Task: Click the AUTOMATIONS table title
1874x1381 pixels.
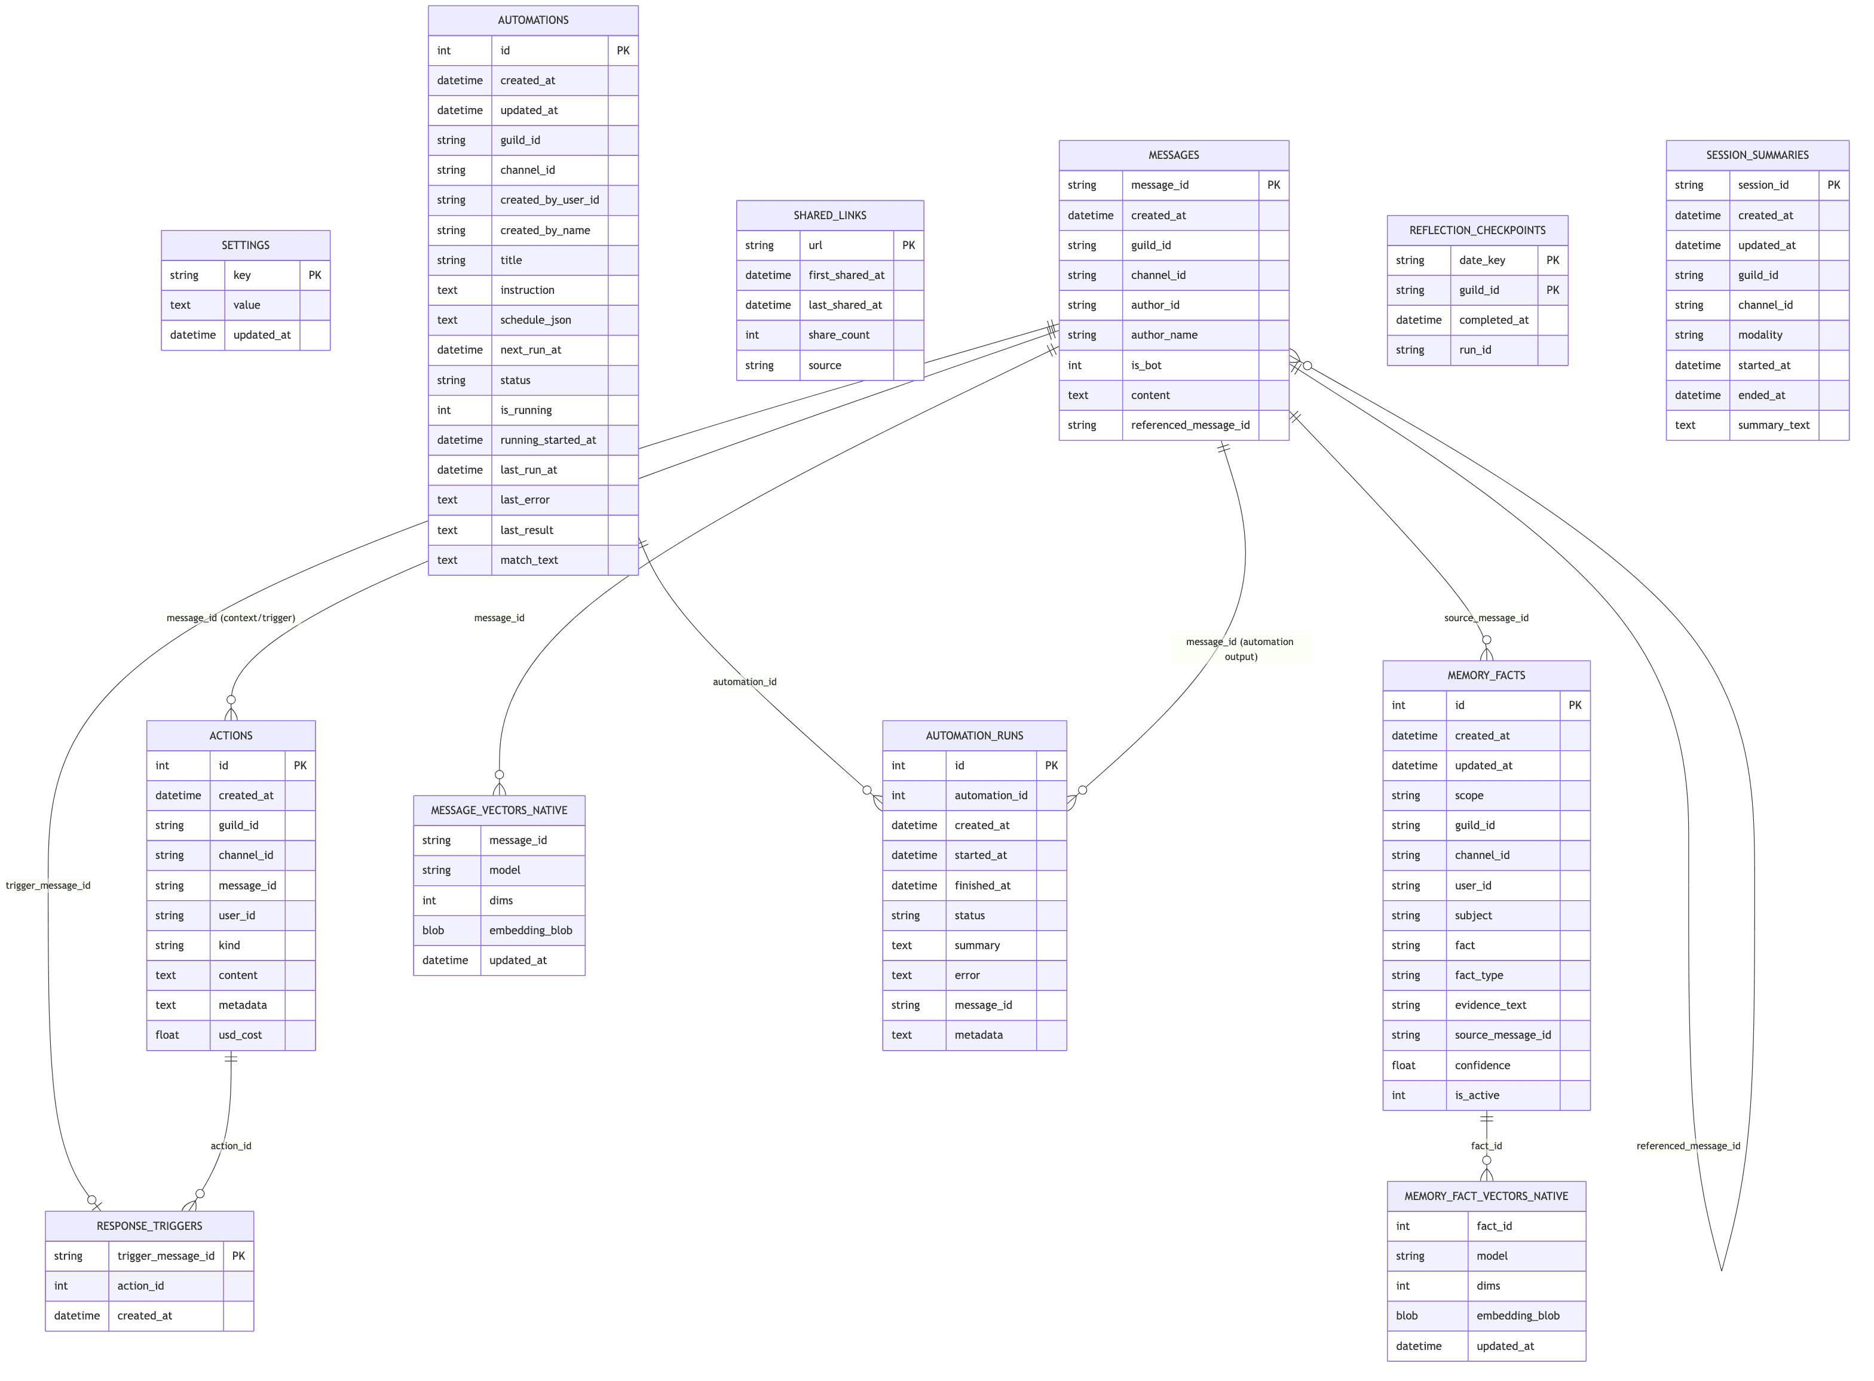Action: pos(532,20)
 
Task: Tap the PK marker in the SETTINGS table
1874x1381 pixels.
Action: pos(314,275)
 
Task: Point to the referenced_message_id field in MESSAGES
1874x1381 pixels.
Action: pos(1189,425)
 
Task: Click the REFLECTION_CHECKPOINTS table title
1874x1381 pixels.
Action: pos(1477,231)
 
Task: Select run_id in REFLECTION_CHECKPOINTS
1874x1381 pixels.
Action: pos(1474,350)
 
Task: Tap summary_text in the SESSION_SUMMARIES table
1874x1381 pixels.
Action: pos(1773,425)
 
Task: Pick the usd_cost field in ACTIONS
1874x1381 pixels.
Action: pos(240,1035)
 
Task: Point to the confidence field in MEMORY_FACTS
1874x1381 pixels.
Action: pos(1482,1065)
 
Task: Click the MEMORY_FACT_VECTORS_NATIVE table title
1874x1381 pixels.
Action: pos(1485,1196)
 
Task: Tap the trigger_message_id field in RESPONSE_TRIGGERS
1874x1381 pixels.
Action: pos(166,1256)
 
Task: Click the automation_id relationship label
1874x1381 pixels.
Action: pos(744,682)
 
